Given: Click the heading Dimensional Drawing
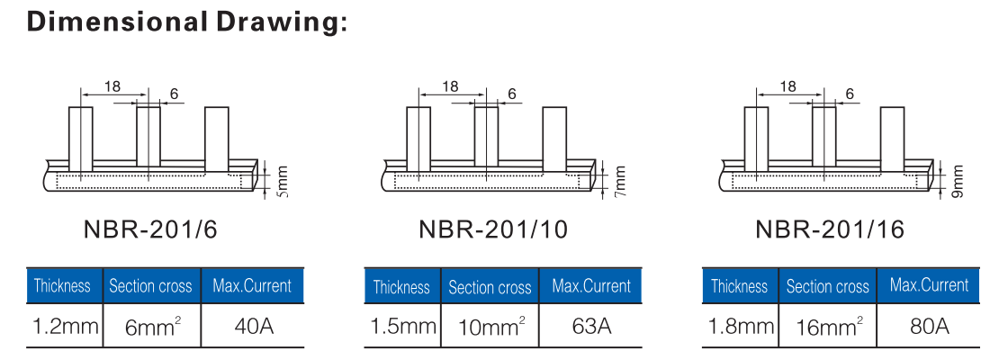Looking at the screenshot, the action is pyautogui.click(x=188, y=22).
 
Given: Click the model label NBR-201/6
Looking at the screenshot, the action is pyautogui.click(x=150, y=229).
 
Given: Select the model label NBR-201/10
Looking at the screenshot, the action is pyautogui.click(x=493, y=229).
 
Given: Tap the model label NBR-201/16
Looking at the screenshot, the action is pyautogui.click(x=830, y=229).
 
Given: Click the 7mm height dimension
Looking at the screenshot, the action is pyautogui.click(x=620, y=182).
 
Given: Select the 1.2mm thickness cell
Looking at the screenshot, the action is pyautogui.click(x=65, y=327).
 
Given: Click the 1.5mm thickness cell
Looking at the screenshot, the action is pyautogui.click(x=403, y=327).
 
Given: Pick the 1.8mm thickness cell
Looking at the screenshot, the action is pyautogui.click(x=741, y=327).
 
